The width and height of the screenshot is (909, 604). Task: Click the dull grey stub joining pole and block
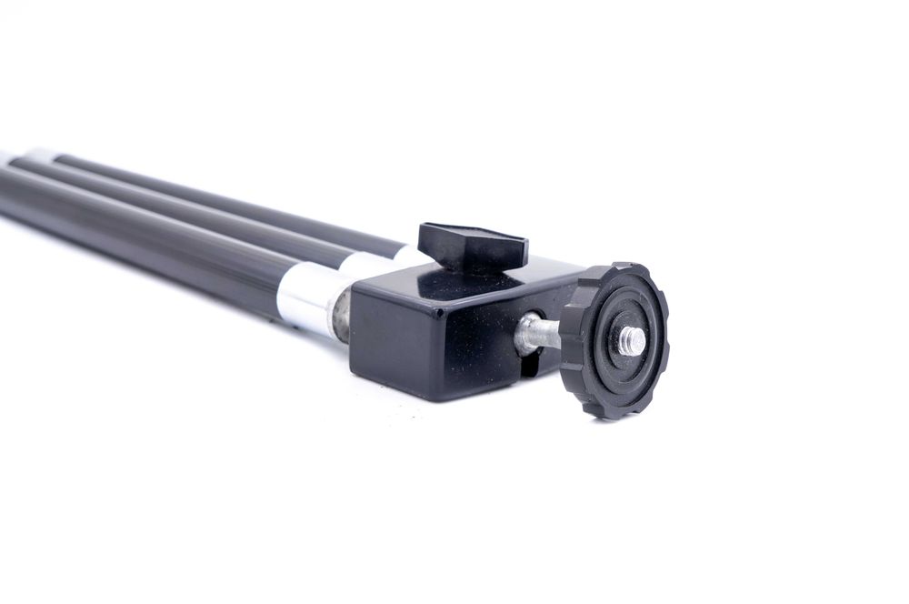pyautogui.click(x=341, y=314)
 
